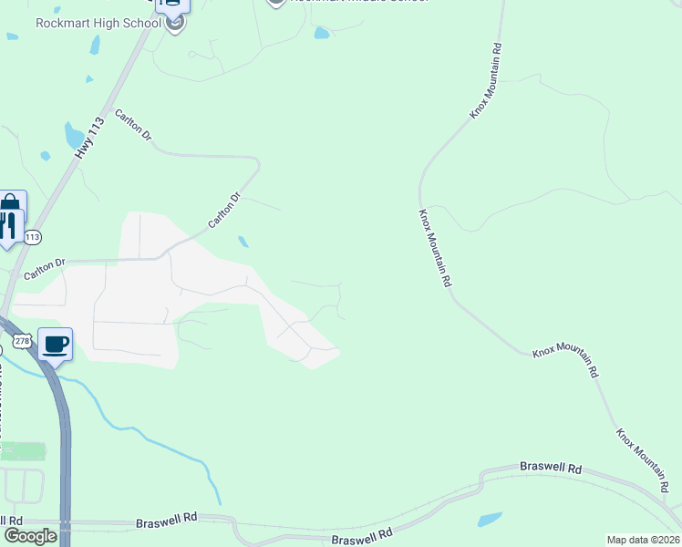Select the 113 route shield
tap(33, 237)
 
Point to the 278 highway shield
tap(20, 341)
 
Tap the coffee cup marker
tap(56, 345)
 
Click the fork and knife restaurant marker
tap(8, 225)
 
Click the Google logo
tap(30, 536)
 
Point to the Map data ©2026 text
tap(643, 540)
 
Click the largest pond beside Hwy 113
tap(73, 136)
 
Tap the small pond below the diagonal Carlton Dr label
tap(243, 243)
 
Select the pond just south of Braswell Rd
tap(491, 520)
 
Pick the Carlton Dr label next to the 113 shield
tap(46, 268)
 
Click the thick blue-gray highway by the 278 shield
tap(64, 438)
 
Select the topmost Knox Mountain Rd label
tap(486, 80)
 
